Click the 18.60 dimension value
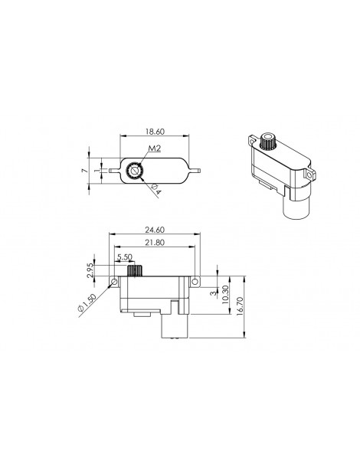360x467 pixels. pos(155,132)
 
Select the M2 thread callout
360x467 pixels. pos(155,148)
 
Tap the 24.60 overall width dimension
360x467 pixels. pos(155,230)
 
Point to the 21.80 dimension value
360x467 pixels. pos(155,243)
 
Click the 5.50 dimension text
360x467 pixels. pos(125,256)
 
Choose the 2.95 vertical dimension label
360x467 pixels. pos(90,270)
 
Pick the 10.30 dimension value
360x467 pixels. pos(225,295)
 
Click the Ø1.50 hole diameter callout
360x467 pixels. pos(87,303)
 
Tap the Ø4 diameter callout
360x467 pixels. pos(155,189)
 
